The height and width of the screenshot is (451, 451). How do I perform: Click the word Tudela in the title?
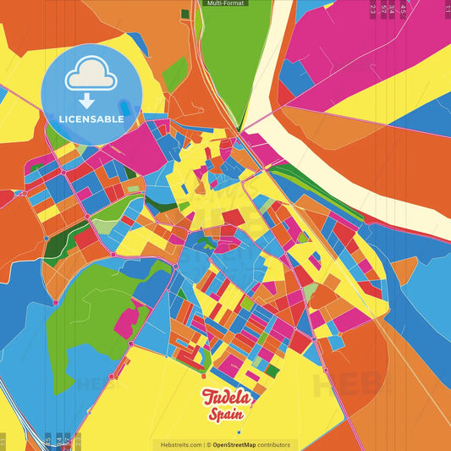(225, 398)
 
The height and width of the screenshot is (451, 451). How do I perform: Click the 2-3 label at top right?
(373, 9)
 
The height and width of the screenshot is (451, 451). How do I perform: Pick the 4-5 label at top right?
(404, 9)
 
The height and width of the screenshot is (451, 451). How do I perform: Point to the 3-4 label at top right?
(393, 9)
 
